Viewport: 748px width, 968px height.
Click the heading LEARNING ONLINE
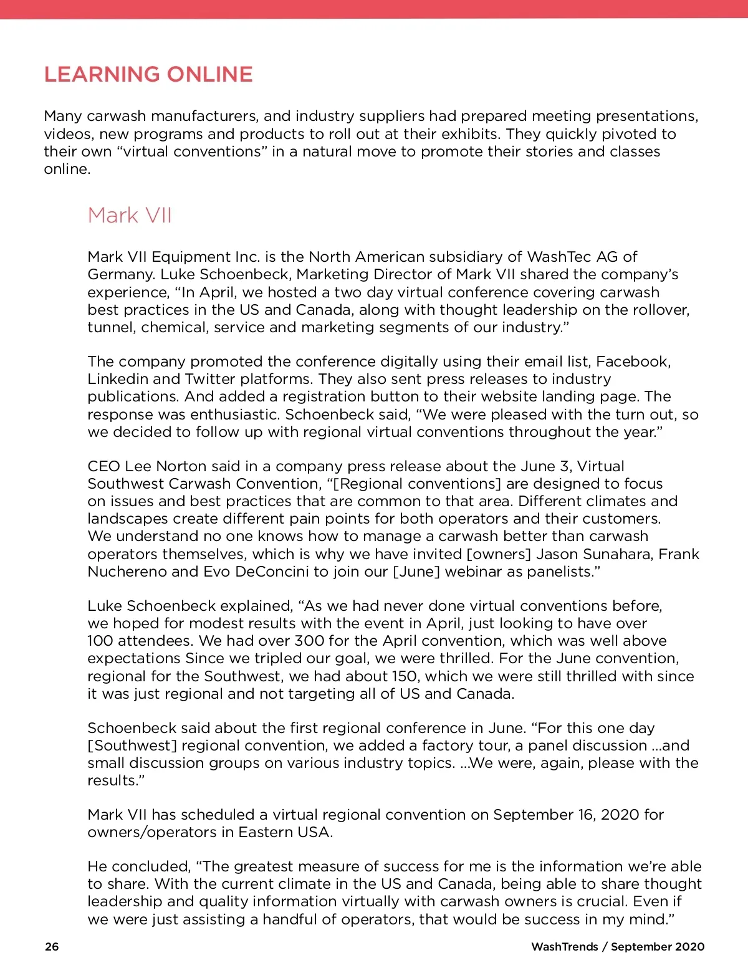[148, 75]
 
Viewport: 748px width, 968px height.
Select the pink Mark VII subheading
[130, 216]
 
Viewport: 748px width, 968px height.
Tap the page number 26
[52, 947]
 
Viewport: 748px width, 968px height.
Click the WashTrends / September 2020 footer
[618, 947]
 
